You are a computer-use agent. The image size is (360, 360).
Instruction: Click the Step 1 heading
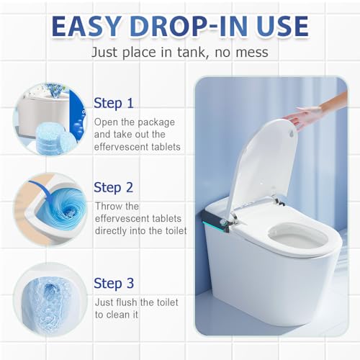click(114, 102)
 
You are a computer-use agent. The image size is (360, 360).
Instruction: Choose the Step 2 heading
click(114, 187)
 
